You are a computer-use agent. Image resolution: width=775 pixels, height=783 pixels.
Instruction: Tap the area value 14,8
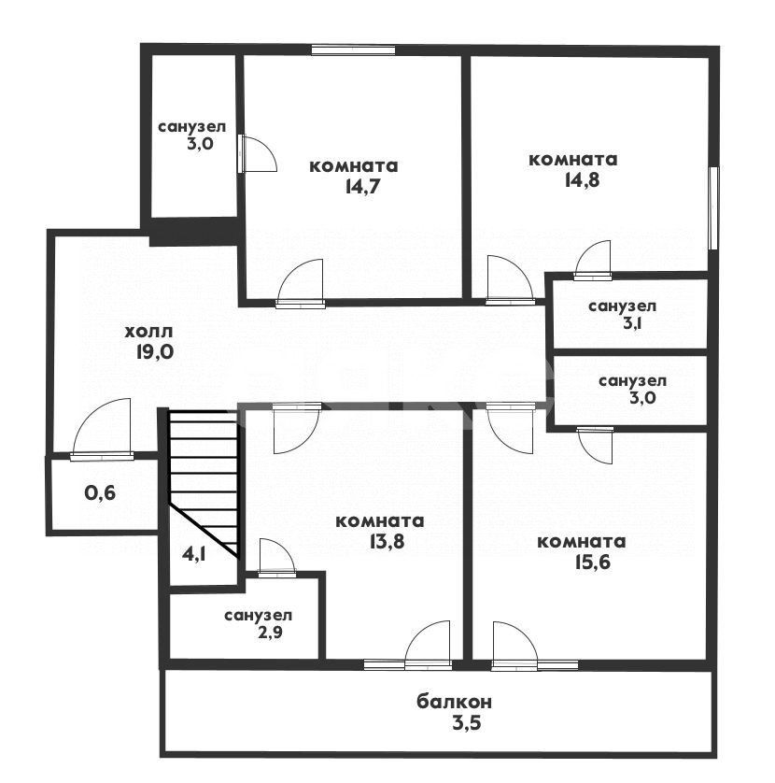click(582, 180)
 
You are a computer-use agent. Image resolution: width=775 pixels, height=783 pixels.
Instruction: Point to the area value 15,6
click(592, 562)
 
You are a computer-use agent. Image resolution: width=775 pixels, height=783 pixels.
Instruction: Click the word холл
click(148, 331)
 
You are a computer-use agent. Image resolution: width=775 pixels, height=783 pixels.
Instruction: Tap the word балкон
click(454, 702)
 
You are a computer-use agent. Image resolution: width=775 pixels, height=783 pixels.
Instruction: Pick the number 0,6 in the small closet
click(100, 493)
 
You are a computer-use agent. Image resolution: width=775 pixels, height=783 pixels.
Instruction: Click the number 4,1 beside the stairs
click(193, 554)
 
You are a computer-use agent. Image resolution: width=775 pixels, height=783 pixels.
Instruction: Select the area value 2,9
click(270, 633)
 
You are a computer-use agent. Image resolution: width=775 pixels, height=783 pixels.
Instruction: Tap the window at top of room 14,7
click(353, 50)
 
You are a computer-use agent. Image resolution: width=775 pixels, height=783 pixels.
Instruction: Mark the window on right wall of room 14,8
click(713, 207)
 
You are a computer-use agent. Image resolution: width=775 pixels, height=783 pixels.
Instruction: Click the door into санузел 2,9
click(277, 558)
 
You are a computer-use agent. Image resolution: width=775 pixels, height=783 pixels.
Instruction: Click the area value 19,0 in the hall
click(154, 352)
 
